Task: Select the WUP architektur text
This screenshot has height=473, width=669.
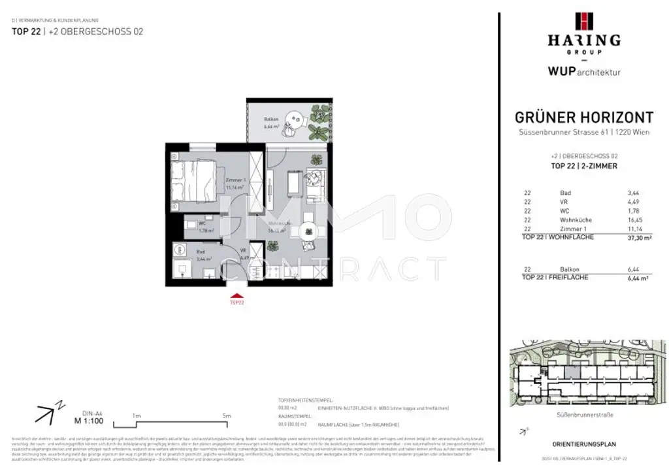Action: pyautogui.click(x=584, y=72)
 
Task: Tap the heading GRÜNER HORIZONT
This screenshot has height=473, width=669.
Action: pyautogui.click(x=584, y=118)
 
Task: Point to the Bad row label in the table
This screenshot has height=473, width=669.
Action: pyautogui.click(x=566, y=193)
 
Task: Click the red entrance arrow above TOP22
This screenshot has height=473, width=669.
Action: pyautogui.click(x=237, y=295)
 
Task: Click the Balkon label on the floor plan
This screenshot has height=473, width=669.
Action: pyautogui.click(x=271, y=119)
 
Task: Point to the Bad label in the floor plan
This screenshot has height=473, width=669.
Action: pyautogui.click(x=200, y=250)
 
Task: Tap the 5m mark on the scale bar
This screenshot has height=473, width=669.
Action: pyautogui.click(x=227, y=416)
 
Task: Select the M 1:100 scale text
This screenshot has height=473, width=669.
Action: pyautogui.click(x=87, y=421)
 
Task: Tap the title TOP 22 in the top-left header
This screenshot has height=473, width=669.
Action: pyautogui.click(x=25, y=31)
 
